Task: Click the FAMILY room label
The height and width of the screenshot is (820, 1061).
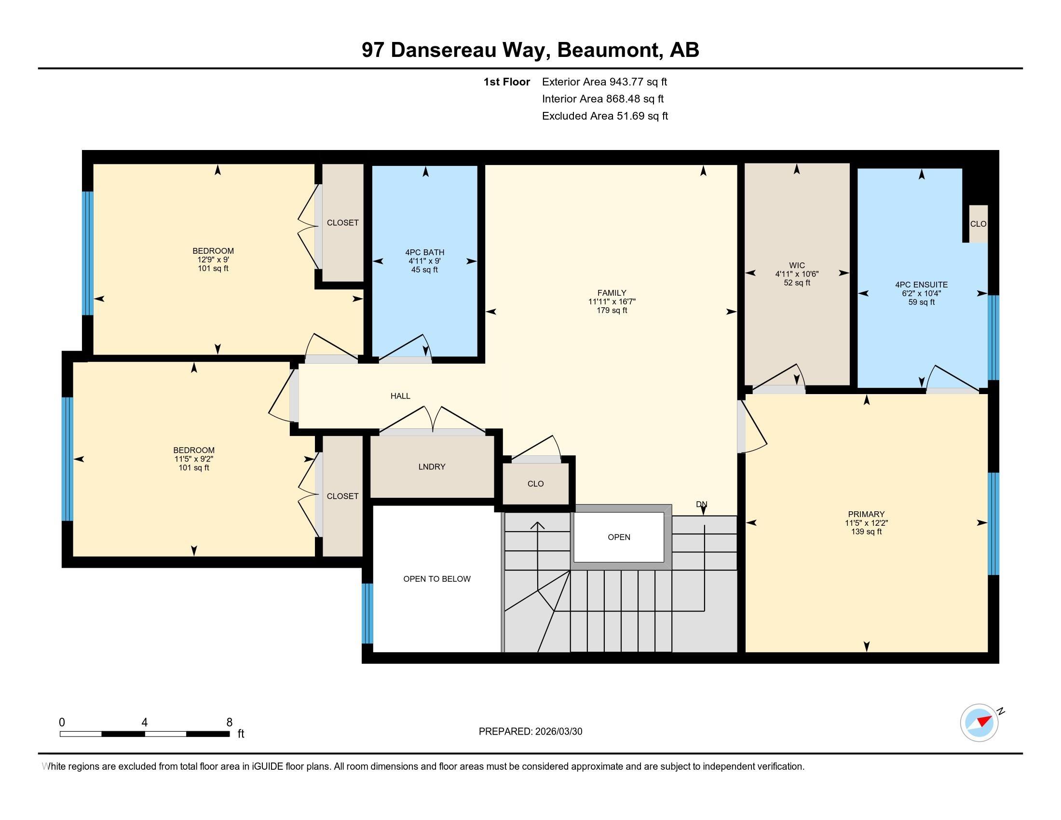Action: point(612,293)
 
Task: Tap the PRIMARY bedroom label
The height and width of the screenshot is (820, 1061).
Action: point(866,514)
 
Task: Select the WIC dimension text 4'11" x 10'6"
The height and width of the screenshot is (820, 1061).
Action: point(797,274)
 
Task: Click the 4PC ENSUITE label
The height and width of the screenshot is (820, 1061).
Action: point(921,285)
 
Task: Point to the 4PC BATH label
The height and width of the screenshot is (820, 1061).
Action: point(424,252)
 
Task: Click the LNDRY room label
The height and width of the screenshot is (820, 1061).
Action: point(432,467)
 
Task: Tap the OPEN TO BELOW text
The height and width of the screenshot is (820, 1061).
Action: point(437,578)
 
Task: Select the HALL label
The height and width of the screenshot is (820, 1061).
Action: point(400,396)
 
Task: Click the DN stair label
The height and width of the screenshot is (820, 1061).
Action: point(701,504)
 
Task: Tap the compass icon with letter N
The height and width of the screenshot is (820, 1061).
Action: point(979,723)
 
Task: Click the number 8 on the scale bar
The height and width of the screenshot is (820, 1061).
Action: point(229,723)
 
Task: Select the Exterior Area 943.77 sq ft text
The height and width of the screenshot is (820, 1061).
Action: point(604,82)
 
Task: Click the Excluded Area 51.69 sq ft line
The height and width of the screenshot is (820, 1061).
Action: point(605,116)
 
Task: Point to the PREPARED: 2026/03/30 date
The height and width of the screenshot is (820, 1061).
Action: point(530,732)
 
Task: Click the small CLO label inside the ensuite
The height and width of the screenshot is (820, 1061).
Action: point(978,224)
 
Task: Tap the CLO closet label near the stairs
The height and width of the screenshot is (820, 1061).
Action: point(535,484)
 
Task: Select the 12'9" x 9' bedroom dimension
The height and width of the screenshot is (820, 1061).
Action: point(213,260)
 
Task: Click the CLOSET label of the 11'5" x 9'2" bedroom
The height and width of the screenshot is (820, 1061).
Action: point(342,496)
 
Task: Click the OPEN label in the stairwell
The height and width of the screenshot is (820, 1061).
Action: point(619,537)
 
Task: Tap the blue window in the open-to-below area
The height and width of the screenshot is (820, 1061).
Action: point(368,613)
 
